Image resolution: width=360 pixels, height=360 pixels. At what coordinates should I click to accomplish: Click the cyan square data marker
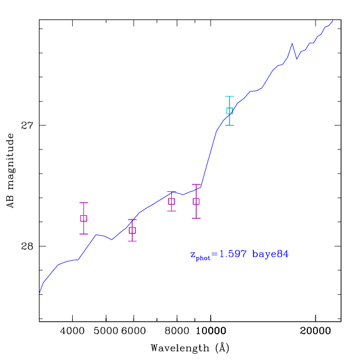(x=230, y=110)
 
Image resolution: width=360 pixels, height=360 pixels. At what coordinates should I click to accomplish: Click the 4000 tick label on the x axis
(x=72, y=331)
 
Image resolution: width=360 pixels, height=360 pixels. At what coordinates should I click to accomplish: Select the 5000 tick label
(x=105, y=331)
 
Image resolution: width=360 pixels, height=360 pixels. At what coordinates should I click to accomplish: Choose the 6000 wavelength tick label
(x=134, y=331)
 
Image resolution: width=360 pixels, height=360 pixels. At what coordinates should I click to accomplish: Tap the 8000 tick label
(x=177, y=331)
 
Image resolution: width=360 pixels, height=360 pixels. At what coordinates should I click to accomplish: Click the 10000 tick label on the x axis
(x=211, y=331)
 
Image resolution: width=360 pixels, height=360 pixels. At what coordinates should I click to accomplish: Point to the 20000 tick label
(x=315, y=331)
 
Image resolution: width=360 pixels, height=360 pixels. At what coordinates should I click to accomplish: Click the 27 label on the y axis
(x=27, y=125)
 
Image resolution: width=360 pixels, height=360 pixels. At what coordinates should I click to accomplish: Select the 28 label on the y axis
(x=27, y=246)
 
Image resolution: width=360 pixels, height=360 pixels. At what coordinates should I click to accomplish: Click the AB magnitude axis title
(x=10, y=171)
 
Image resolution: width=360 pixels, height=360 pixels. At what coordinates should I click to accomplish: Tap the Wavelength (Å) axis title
(x=190, y=348)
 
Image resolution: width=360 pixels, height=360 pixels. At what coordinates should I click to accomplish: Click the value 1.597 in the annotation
(x=233, y=254)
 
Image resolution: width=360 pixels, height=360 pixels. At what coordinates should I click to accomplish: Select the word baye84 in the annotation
(x=270, y=255)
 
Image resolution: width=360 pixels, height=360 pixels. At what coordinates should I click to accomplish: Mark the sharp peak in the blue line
(x=292, y=44)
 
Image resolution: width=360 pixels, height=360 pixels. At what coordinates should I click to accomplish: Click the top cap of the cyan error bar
(x=230, y=97)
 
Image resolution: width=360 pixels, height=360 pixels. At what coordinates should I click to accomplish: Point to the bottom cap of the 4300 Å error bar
(x=83, y=234)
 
